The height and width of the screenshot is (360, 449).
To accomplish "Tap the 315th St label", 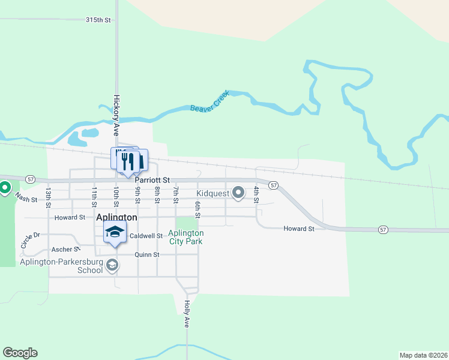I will pyautogui.click(x=98, y=20).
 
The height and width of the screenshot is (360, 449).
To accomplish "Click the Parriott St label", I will pyautogui.click(x=152, y=179).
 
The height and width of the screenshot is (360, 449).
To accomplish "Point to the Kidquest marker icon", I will pyautogui.click(x=238, y=193).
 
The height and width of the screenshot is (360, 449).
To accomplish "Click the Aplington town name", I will pyautogui.click(x=116, y=217).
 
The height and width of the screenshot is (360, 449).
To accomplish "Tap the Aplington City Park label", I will pyautogui.click(x=185, y=237).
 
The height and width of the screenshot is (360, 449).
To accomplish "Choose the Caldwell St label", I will pyautogui.click(x=146, y=236).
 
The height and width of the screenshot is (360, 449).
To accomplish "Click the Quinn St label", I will pyautogui.click(x=147, y=254).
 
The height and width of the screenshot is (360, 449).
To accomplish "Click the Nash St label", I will pyautogui.click(x=26, y=198).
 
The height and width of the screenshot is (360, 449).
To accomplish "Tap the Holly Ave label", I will pyautogui.click(x=187, y=313).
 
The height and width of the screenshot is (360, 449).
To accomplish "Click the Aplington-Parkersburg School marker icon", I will pyautogui.click(x=112, y=265).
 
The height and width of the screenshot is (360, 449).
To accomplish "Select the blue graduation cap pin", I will pyautogui.click(x=115, y=232).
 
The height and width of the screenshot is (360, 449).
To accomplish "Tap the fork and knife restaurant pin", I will pyautogui.click(x=126, y=161).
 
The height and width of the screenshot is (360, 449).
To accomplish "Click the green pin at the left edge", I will pyautogui.click(x=5, y=188).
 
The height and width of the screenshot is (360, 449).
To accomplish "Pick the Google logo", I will pyautogui.click(x=20, y=353).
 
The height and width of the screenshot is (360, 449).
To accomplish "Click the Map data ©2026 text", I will pyautogui.click(x=423, y=355).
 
